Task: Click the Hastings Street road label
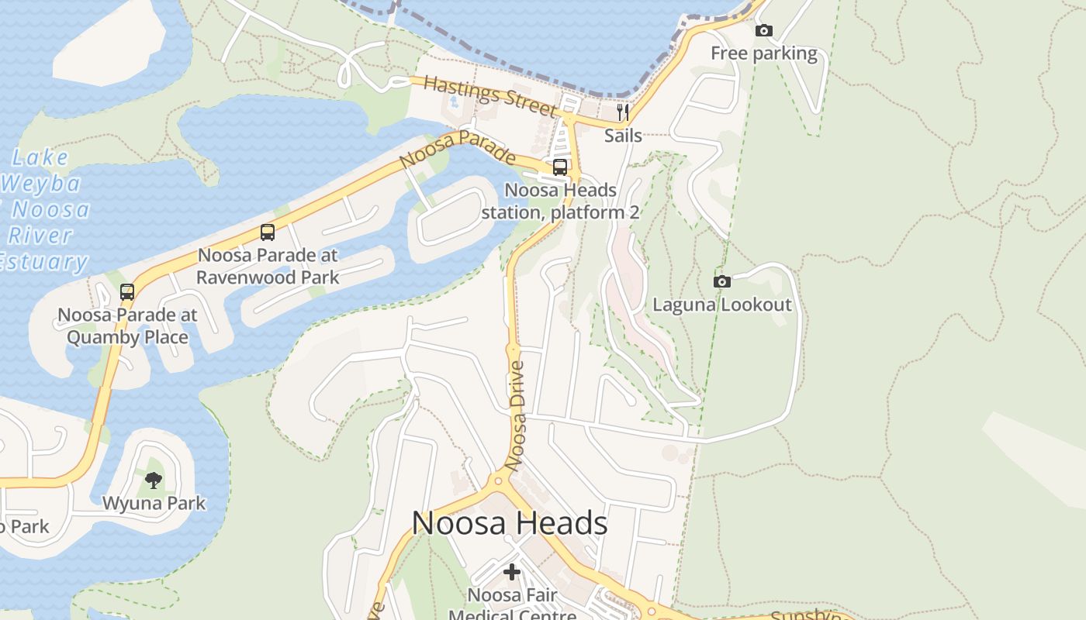pos(490,97)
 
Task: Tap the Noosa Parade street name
pos(458,149)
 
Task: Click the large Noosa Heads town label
pos(510,523)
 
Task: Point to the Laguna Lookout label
pos(722,305)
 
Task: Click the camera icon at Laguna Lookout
pos(722,281)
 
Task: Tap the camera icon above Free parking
pos(764,31)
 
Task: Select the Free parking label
pos(764,53)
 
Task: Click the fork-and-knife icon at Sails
pos(623,112)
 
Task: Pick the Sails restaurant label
pos(623,136)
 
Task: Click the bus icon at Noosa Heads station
pos(560,167)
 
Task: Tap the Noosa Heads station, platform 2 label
pos(560,201)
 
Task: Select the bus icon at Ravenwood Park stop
pos(268,232)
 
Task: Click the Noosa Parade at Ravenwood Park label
pos(268,266)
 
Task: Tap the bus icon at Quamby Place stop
pos(127,292)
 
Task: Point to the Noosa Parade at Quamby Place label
pos(127,326)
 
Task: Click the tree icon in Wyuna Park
pos(154,480)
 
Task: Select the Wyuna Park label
pos(154,503)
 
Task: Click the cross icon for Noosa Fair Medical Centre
pos(512,573)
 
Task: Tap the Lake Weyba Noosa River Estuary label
pos(43,210)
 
